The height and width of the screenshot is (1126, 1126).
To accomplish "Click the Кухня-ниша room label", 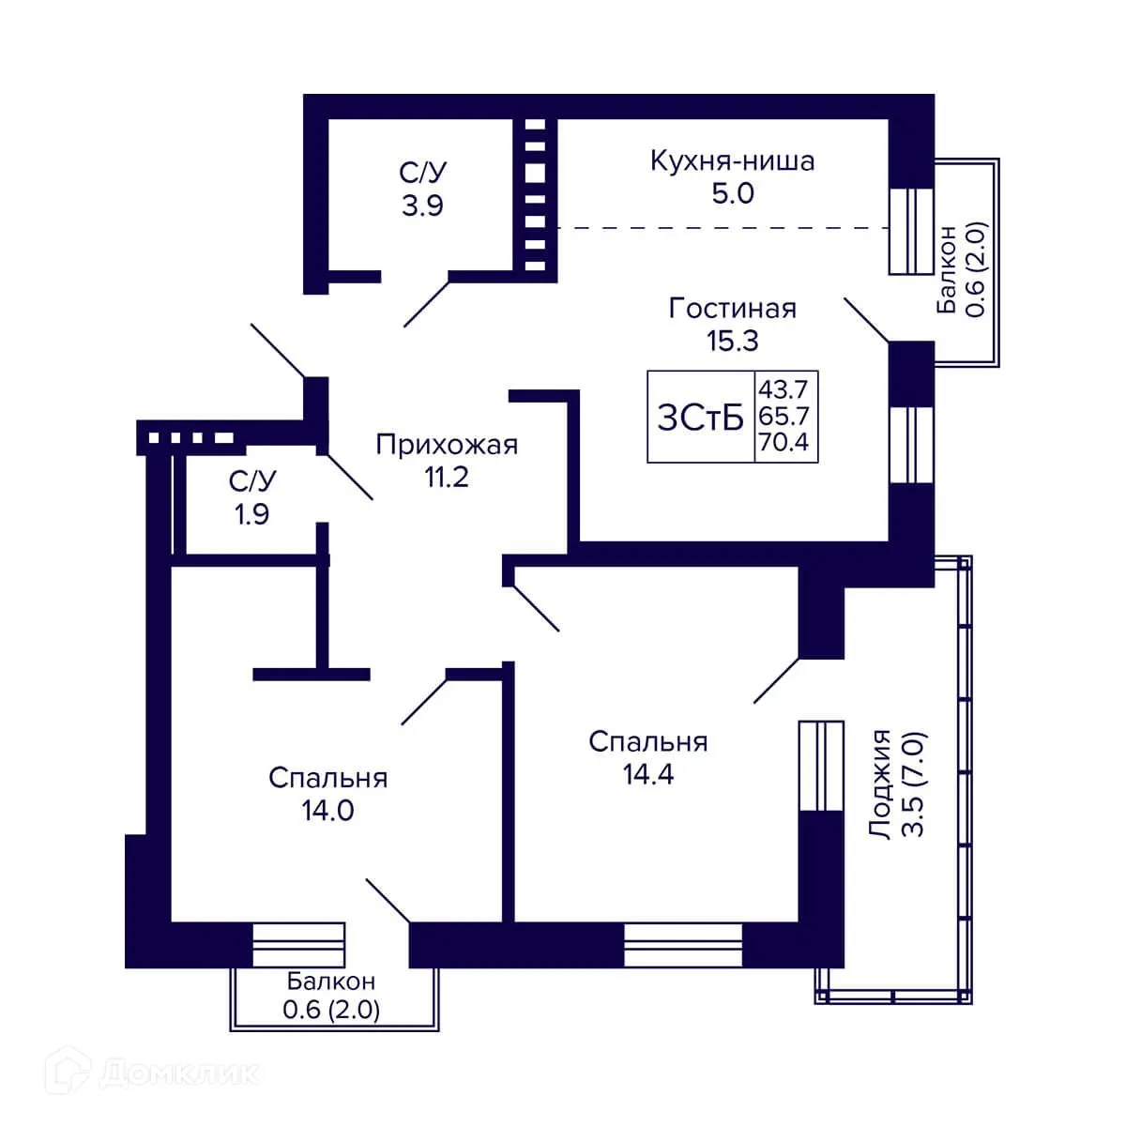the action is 732,160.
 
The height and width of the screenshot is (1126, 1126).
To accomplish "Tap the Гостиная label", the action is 732,309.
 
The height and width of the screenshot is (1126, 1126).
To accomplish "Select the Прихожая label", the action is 447,446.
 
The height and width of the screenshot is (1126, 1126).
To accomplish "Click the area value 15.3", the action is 733,341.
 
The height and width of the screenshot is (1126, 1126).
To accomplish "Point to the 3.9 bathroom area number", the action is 422,205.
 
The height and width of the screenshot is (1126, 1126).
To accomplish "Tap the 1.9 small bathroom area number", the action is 251,514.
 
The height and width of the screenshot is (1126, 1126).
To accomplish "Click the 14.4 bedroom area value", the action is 648,774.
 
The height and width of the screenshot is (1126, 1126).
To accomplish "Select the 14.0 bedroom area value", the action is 327,811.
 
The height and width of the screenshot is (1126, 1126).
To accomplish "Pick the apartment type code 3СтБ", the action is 701,418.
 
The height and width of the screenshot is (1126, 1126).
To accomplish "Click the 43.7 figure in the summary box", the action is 784,388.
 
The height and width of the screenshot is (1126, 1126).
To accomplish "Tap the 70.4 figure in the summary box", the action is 784,443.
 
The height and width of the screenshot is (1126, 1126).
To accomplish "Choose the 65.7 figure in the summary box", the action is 784,416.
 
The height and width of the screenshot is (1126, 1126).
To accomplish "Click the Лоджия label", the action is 880,784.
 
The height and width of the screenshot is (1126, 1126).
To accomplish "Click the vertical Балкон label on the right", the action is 946,269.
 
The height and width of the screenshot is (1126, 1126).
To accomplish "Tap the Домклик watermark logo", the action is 152,1073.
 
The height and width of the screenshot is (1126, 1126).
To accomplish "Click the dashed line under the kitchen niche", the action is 723,228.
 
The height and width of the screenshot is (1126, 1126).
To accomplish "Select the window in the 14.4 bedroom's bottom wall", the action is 682,945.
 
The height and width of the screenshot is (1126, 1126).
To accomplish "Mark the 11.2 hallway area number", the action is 447,478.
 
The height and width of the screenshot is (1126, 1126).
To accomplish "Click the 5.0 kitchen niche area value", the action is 733,193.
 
